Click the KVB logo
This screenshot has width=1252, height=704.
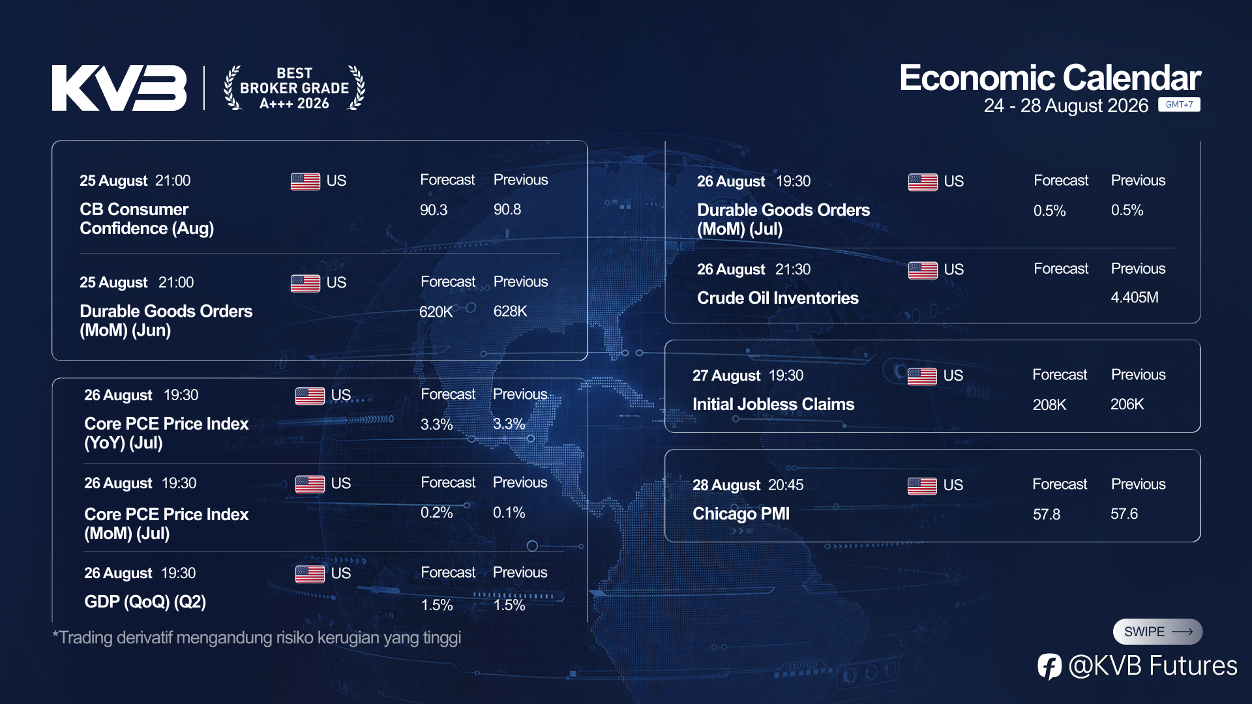pyautogui.click(x=119, y=88)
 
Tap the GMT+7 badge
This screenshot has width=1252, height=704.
pyautogui.click(x=1179, y=104)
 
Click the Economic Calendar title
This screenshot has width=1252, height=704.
pyautogui.click(x=1050, y=78)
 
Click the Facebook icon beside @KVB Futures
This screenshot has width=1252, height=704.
pyautogui.click(x=1049, y=666)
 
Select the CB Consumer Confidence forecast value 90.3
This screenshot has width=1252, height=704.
pyautogui.click(x=434, y=210)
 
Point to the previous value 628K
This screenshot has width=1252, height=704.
pyautogui.click(x=510, y=312)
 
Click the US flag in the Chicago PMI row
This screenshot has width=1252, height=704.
pyautogui.click(x=922, y=486)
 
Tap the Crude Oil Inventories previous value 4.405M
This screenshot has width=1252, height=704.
pyautogui.click(x=1135, y=298)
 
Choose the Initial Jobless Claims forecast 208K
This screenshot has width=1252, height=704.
pyautogui.click(x=1049, y=405)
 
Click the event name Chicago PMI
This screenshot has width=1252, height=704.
pyautogui.click(x=741, y=514)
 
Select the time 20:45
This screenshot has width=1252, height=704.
pyautogui.click(x=786, y=485)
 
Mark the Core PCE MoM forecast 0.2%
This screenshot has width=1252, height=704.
pyautogui.click(x=436, y=513)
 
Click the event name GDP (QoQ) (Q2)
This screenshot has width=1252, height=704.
pyautogui.click(x=145, y=602)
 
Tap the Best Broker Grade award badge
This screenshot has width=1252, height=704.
pyautogui.click(x=294, y=88)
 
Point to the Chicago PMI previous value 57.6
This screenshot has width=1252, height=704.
pyautogui.click(x=1124, y=514)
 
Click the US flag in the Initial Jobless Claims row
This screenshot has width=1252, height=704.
pyautogui.click(x=922, y=376)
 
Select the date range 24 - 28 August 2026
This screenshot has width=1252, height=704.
pyautogui.click(x=1066, y=106)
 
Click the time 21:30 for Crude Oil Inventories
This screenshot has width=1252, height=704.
pyautogui.click(x=793, y=269)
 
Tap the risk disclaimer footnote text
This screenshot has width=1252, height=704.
pyautogui.click(x=257, y=638)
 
